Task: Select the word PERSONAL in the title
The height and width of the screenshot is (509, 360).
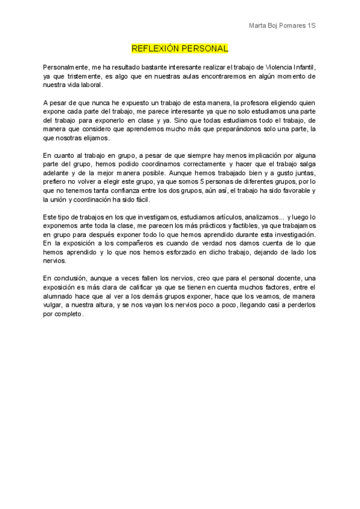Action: click(x=205, y=48)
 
